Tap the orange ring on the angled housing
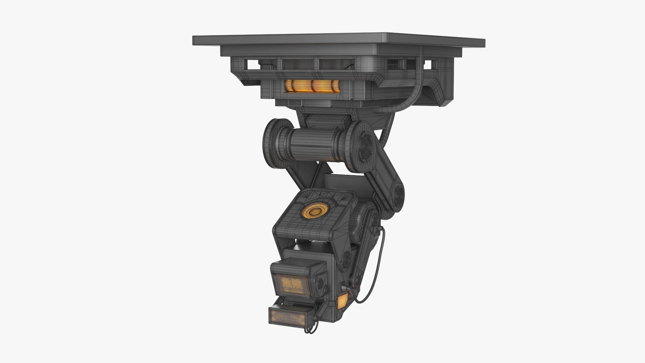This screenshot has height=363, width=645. pyautogui.click(x=315, y=211)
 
